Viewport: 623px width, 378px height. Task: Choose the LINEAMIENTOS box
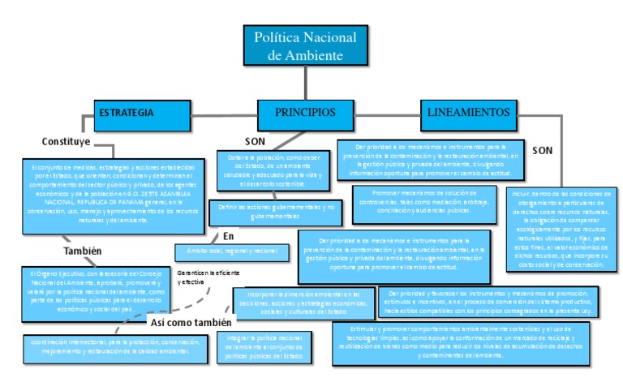tap(469, 113)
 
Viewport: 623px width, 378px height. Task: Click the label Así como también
tap(191, 322)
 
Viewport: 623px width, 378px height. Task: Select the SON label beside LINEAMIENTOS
tap(543, 150)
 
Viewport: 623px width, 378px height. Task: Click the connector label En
tap(229, 236)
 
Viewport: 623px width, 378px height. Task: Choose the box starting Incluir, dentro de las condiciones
tap(561, 228)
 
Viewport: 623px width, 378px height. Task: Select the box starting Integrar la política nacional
tap(265, 346)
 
